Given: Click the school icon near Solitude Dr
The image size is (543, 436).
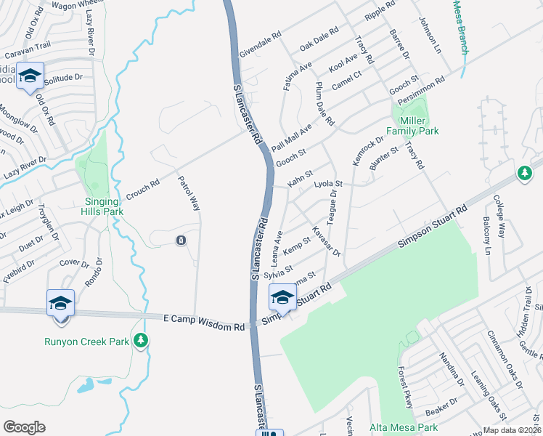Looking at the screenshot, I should click(30, 76).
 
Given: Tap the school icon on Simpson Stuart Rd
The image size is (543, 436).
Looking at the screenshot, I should click(282, 296).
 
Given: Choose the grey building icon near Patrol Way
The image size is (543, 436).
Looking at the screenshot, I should click(181, 241).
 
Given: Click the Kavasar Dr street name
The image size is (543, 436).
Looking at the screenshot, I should click(325, 241).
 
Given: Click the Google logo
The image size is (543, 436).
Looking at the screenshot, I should click(24, 427).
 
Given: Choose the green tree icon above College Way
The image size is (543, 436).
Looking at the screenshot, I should click(524, 173).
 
